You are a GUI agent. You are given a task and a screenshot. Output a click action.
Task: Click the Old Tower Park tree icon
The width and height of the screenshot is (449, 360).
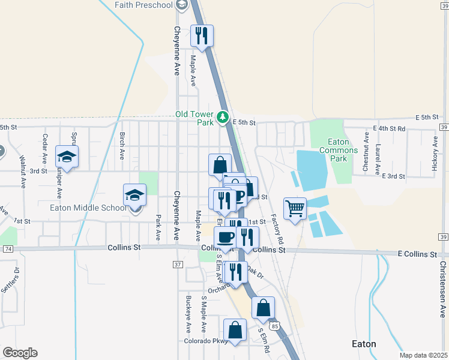223,116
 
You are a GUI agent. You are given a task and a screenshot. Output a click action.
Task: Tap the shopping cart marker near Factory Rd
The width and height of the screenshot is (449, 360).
295,209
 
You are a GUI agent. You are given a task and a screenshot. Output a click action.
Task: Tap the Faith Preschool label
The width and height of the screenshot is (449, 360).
144,5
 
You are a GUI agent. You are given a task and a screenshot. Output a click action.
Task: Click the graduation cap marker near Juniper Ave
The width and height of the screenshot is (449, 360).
67,157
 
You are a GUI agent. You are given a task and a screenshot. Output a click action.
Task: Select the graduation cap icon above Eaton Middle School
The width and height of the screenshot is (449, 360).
135,194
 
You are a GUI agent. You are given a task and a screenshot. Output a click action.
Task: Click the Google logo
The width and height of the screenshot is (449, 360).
20,353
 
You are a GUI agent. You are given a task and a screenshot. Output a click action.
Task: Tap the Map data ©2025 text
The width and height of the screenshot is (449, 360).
423,355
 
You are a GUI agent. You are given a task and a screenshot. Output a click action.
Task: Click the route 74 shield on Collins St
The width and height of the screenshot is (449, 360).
8,248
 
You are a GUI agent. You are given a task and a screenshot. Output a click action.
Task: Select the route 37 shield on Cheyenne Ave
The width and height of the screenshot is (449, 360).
178,265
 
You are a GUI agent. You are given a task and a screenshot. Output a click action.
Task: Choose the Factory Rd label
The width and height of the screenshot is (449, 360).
277,229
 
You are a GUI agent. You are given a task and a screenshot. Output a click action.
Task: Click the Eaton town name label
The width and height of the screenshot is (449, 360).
363,344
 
